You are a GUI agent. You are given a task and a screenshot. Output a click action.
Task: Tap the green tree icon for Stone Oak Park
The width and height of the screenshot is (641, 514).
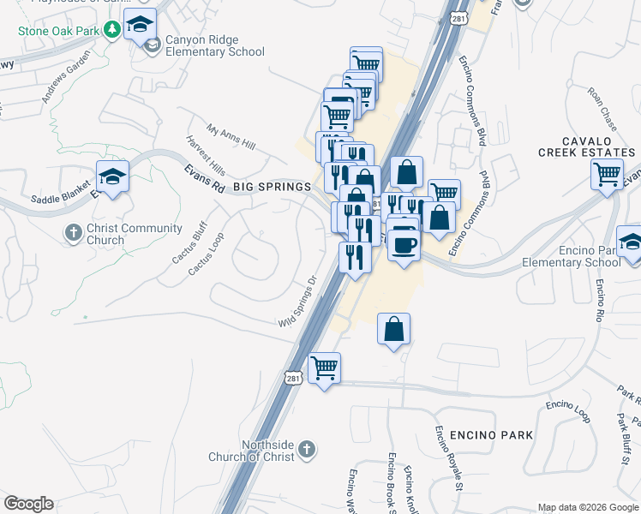click(111, 31)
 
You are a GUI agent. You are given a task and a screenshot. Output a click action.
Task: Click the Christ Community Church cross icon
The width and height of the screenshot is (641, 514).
click(75, 233)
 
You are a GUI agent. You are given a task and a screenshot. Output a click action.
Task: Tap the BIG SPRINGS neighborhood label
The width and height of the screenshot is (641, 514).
click(273, 185)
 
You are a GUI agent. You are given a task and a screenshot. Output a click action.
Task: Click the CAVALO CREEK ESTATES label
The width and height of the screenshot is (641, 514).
click(587, 146)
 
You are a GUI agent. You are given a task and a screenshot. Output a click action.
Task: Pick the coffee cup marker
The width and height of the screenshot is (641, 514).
click(404, 243)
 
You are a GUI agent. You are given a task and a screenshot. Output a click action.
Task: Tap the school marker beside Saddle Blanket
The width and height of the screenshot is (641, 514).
click(112, 176)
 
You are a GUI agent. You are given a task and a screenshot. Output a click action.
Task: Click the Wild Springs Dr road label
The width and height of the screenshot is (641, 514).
click(297, 301)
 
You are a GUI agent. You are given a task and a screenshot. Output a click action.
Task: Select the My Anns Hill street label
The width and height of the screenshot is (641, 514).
click(231, 135)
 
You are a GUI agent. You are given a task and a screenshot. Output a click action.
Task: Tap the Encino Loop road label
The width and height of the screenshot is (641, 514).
click(568, 409)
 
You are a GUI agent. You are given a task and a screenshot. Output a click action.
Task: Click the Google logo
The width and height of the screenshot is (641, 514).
click(28, 504)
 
